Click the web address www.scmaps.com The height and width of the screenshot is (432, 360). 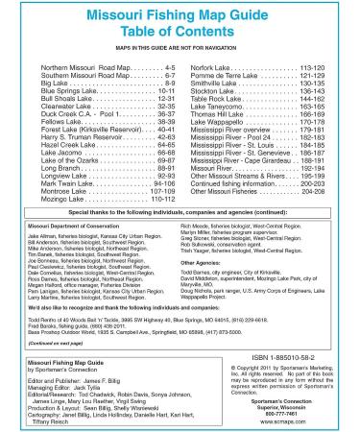293,420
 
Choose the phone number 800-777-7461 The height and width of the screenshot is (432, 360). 293,415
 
